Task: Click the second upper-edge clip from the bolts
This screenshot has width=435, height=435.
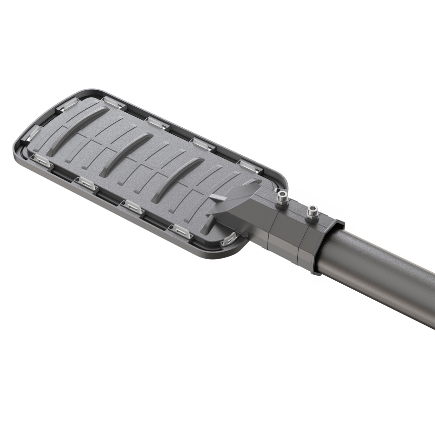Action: coord(203,144)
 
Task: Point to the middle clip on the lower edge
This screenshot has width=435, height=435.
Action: coord(133,206)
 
